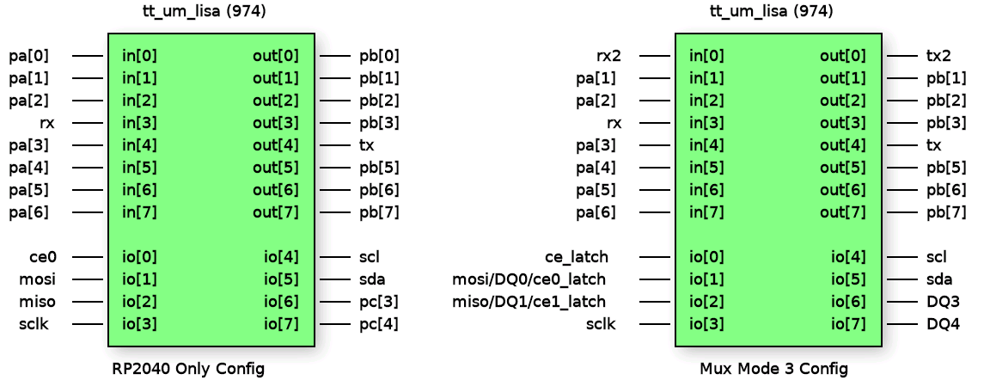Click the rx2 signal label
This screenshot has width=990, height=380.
pos(608,56)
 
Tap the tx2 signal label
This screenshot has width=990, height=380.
pos(938,56)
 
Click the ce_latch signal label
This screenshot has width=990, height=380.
pos(576,256)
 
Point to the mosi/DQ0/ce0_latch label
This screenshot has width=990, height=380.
pos(529,279)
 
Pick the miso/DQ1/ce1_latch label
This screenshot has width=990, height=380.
pos(529,302)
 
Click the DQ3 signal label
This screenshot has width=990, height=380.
pos(942,302)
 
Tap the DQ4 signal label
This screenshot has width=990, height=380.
pos(942,324)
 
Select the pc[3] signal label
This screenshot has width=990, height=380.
pos(378,302)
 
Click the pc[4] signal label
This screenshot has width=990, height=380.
pos(378,324)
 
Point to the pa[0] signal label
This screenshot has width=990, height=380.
pos(29,56)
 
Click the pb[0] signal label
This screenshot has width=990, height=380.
pos(379,56)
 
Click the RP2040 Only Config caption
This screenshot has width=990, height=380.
pos(188,369)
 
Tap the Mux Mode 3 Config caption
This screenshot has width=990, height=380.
pos(773,369)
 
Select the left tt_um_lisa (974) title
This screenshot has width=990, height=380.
pos(204,12)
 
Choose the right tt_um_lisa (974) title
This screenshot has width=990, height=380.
pos(771,12)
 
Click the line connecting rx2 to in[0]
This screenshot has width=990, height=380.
pos(655,56)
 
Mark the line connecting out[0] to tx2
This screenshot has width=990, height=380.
pos(901,56)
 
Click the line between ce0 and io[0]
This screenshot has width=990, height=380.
pos(88,256)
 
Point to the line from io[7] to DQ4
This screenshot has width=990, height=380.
pos(901,324)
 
